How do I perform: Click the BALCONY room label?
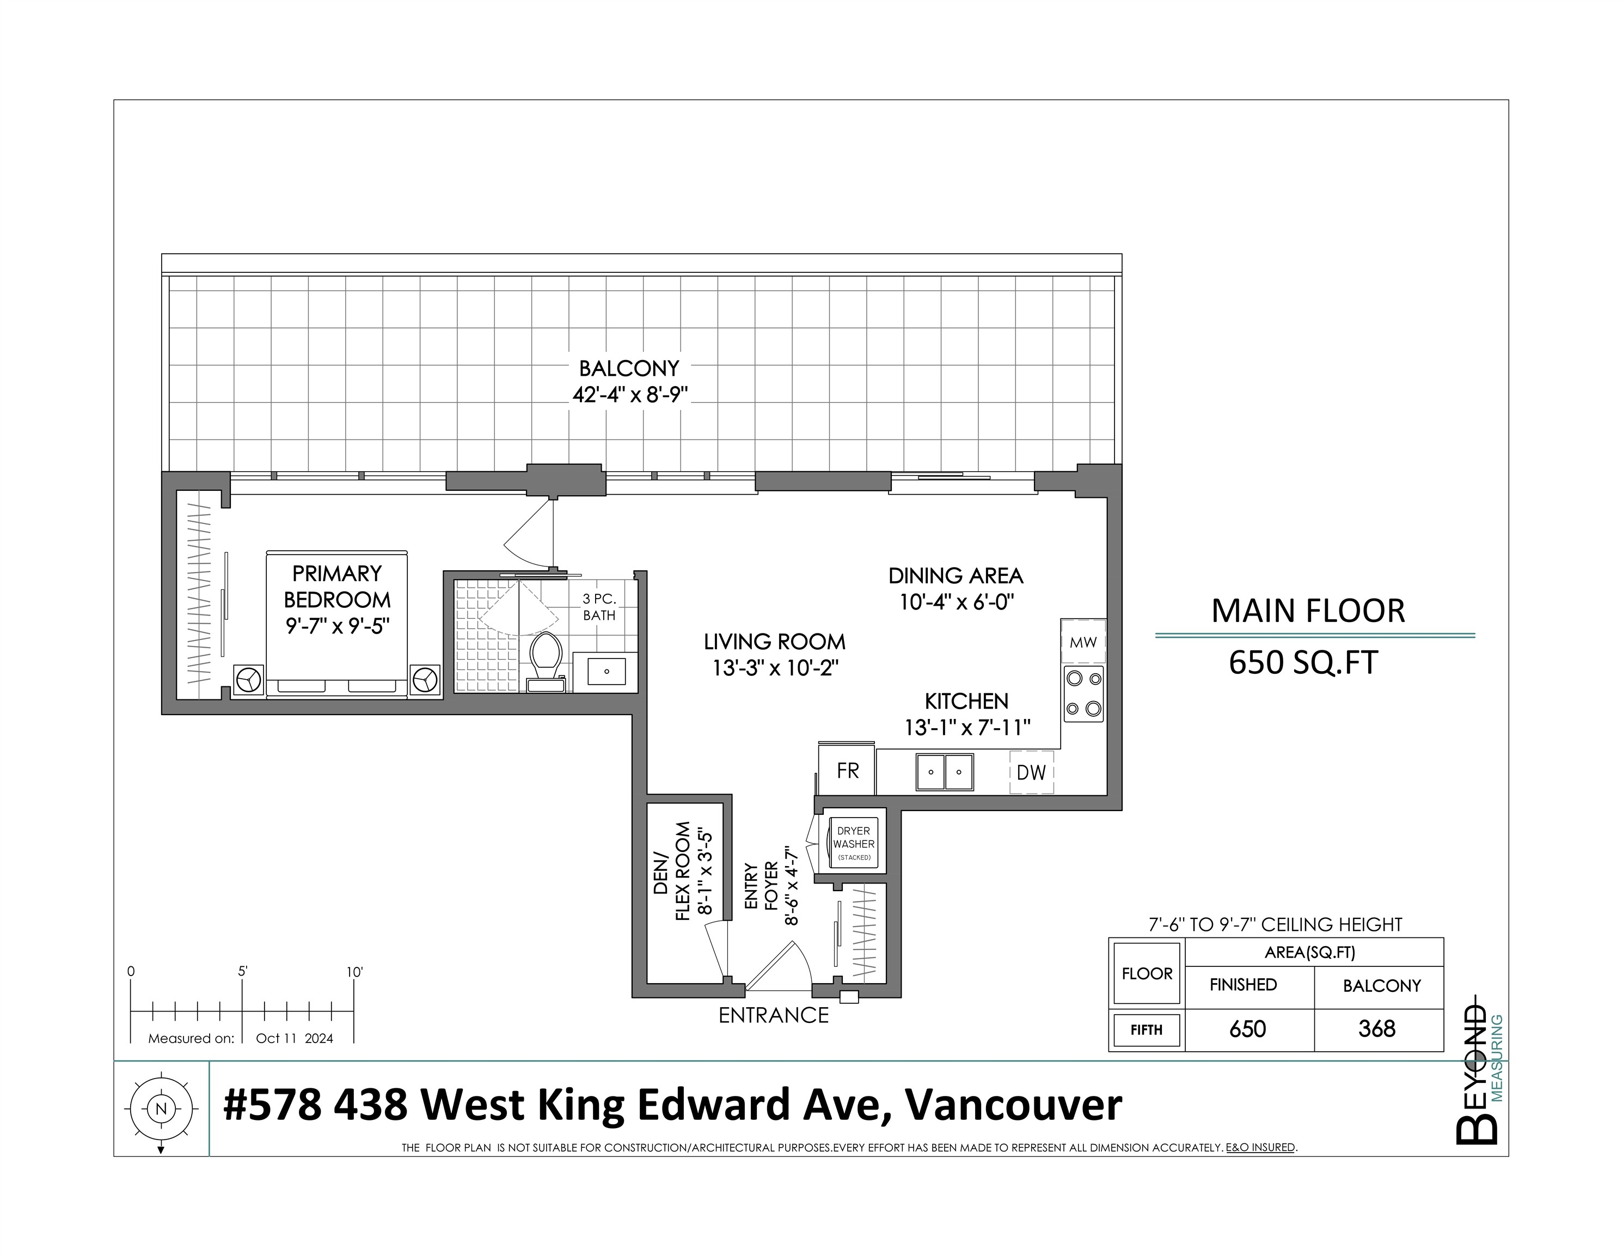coord(629,368)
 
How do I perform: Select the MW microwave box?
coord(1083,642)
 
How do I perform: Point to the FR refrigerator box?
coord(847,770)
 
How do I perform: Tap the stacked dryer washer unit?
coord(853,843)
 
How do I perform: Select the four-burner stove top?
coord(1083,693)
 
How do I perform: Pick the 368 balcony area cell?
coord(1377,1029)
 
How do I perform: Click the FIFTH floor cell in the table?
coord(1146,1029)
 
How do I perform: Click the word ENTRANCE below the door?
coord(773,1015)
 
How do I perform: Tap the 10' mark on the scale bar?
coord(354,972)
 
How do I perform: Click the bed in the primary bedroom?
coord(336,625)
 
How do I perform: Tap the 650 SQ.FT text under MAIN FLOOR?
coord(1303,662)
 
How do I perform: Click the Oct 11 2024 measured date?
coord(295,1039)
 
